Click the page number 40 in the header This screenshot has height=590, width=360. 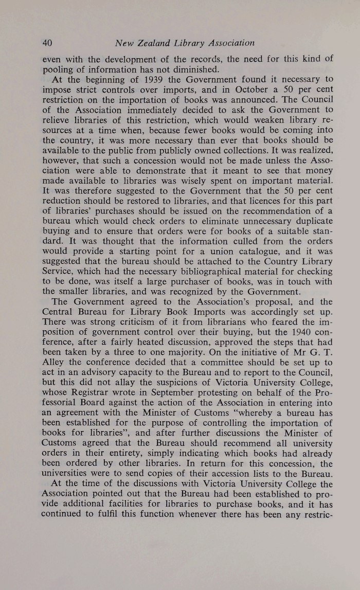(x=48, y=43)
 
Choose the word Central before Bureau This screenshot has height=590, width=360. (x=59, y=312)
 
